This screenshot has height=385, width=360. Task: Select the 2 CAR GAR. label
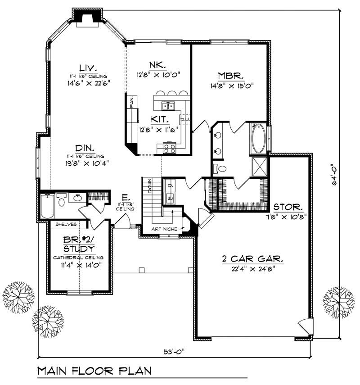252,259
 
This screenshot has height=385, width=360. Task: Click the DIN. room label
84,148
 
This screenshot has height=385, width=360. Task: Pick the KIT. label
160,120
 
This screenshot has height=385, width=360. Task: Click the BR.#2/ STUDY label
78,245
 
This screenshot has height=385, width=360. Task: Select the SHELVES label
64,224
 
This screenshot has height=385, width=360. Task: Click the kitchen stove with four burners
169,148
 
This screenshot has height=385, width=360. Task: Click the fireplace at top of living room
87,15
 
